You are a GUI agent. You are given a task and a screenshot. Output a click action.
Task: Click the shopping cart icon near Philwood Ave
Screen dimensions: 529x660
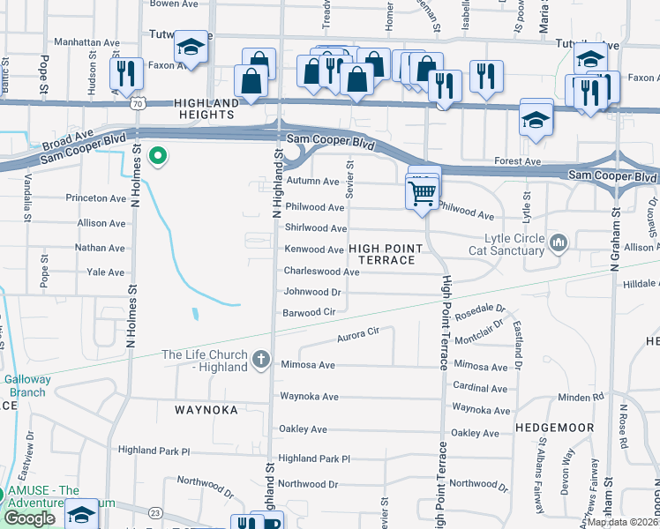(x=424, y=191)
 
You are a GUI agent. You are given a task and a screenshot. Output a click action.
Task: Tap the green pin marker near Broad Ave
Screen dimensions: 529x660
(x=158, y=157)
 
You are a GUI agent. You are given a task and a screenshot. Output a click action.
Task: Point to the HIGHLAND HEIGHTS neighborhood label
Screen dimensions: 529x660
(x=195, y=109)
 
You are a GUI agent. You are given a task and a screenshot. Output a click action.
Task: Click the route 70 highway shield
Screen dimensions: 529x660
(x=136, y=103)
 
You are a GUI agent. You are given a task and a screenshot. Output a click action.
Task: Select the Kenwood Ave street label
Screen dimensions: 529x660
(x=313, y=250)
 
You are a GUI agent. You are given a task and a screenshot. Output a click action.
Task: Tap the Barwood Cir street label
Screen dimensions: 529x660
(x=309, y=313)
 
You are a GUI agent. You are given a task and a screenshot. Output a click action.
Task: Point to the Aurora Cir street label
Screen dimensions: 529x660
(x=357, y=334)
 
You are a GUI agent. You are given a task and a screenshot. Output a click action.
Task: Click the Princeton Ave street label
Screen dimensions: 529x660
(x=94, y=198)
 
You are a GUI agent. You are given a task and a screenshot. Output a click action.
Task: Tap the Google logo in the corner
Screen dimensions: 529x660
(x=29, y=518)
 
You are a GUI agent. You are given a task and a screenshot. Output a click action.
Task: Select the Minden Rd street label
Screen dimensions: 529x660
(x=581, y=397)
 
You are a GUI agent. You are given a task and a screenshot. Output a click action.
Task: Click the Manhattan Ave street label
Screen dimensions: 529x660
(x=86, y=41)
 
